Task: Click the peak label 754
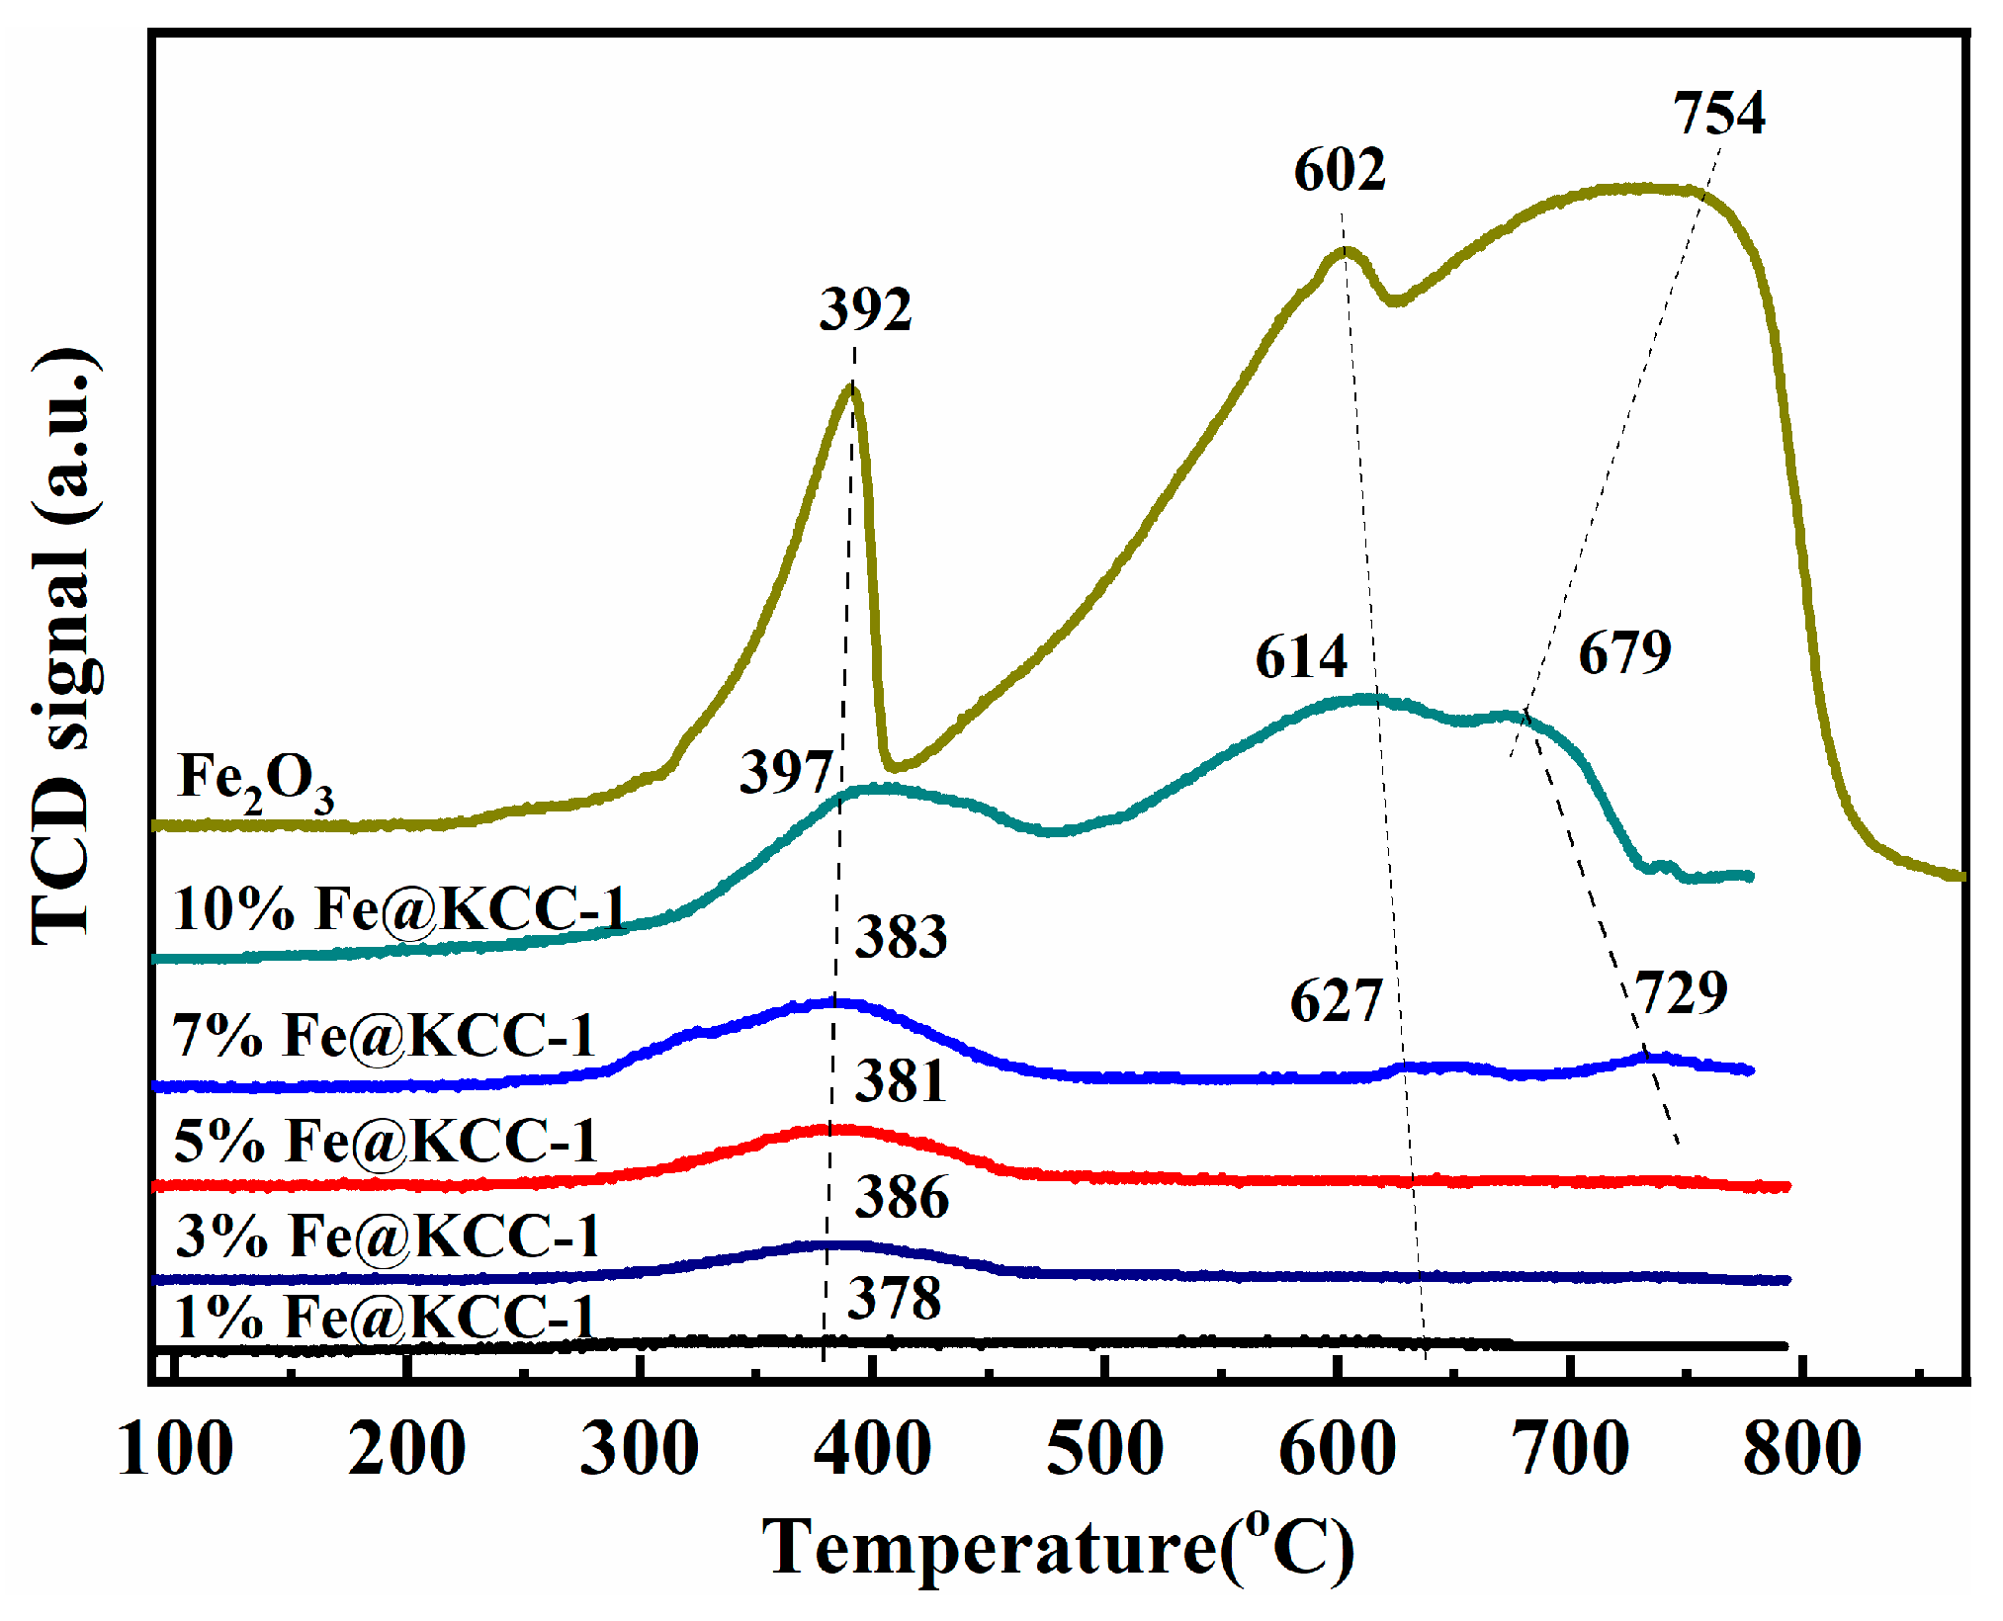coord(1718,114)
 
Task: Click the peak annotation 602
coord(1340,170)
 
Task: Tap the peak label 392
coord(865,310)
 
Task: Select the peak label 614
coord(1301,657)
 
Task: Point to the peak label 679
coord(1624,653)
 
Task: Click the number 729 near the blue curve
coord(1681,993)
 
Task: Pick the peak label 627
coord(1336,1002)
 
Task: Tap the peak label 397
coord(786,772)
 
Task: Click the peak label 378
coord(894,1299)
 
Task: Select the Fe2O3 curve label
coord(255,781)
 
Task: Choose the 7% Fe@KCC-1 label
coord(384,1036)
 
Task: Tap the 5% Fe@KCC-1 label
coord(386,1141)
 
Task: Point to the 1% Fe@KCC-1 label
coord(386,1318)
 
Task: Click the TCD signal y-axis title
coord(64,647)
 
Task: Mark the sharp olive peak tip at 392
coord(851,387)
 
